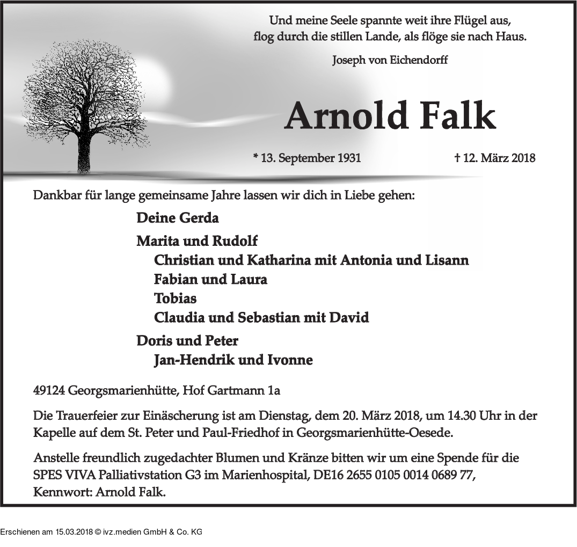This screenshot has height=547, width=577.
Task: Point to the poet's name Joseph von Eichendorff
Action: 390,60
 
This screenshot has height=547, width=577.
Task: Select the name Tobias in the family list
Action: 175,298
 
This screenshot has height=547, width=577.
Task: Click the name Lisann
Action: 447,260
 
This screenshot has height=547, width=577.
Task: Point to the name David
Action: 349,317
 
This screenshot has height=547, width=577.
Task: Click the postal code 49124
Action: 49,391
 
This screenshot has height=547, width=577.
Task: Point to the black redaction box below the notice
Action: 101,527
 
